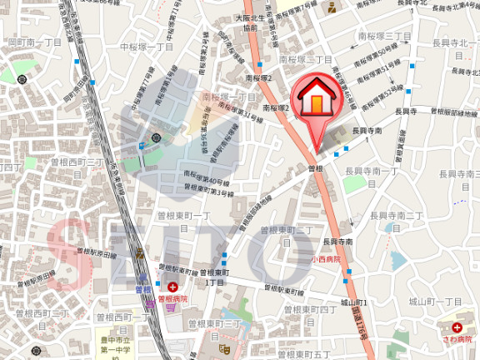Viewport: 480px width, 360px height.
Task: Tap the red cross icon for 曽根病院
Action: [x=172, y=287]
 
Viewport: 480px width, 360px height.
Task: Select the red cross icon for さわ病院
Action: [x=457, y=328]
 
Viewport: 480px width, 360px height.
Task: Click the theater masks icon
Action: [x=223, y=347]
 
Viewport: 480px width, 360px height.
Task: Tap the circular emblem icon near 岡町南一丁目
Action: [x=22, y=78]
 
